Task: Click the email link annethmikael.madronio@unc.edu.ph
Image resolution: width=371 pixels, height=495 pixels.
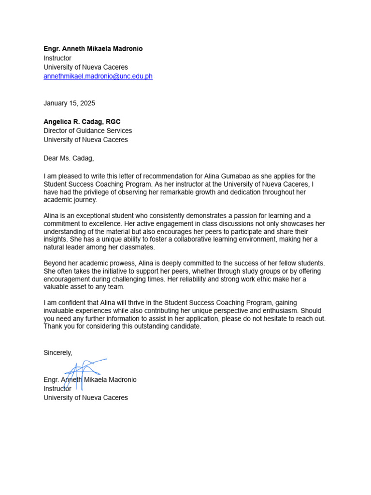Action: coord(98,76)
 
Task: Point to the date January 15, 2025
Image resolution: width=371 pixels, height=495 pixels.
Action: coord(69,103)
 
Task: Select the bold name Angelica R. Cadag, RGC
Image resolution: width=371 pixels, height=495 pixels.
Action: coord(82,122)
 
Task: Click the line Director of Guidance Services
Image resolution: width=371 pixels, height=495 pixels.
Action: coord(87,131)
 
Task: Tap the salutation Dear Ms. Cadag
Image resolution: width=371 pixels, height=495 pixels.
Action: coord(69,158)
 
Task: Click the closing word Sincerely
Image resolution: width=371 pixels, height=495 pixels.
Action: coord(57,353)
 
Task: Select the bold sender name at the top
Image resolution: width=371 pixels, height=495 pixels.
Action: coord(93,49)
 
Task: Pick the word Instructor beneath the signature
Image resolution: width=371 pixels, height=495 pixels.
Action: coord(57,389)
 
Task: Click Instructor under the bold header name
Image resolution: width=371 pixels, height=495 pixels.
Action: coord(57,58)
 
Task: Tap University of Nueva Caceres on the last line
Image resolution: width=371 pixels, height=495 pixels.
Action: coord(86,398)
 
